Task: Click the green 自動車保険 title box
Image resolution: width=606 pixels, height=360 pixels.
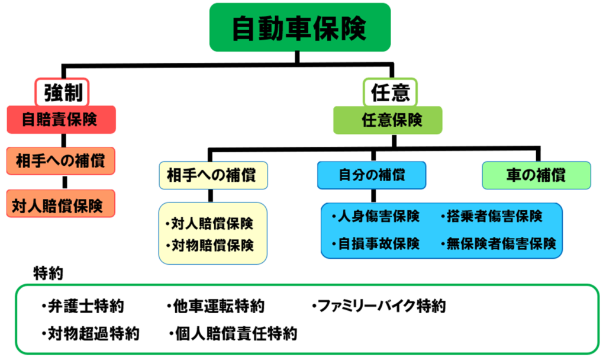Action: (300, 27)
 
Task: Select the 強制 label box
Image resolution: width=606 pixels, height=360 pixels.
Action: (62, 92)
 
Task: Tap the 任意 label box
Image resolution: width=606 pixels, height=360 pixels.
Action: (389, 92)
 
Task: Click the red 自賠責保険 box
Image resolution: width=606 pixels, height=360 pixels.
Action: (61, 120)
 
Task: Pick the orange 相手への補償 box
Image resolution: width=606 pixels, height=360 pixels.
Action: (61, 160)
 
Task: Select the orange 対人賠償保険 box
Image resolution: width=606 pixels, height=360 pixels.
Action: (61, 205)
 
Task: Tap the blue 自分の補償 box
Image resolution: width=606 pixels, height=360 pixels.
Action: (372, 175)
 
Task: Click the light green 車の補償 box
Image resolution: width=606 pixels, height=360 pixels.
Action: (536, 175)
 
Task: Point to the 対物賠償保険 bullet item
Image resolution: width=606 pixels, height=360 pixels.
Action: (212, 245)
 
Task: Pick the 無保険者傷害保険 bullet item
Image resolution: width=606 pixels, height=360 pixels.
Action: (498, 243)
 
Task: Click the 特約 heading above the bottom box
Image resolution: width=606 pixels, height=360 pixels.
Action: (49, 274)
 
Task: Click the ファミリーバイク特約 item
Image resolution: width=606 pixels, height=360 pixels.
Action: (378, 306)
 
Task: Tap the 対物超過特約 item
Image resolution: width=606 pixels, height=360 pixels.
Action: (90, 333)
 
